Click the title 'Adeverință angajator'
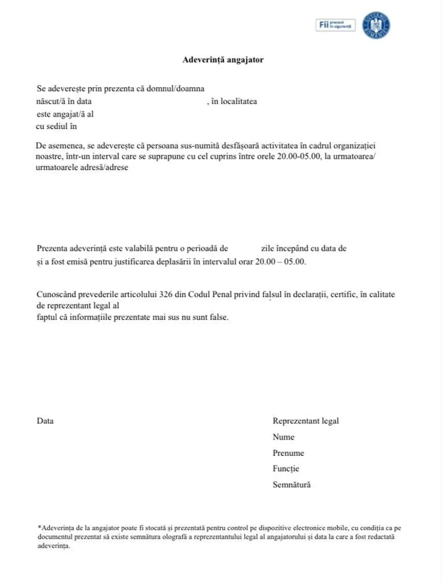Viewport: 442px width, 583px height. [223, 60]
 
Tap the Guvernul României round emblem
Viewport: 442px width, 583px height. [376, 25]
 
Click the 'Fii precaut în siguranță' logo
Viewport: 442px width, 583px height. [336, 25]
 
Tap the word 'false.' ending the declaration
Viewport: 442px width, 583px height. [216, 317]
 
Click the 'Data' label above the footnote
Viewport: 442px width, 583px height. [45, 421]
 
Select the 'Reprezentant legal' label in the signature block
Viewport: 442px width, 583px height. [306, 421]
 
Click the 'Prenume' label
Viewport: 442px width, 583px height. [288, 453]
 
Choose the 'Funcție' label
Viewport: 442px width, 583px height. [286, 469]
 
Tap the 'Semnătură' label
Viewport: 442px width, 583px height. [292, 485]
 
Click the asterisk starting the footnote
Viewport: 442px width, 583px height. [39, 528]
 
